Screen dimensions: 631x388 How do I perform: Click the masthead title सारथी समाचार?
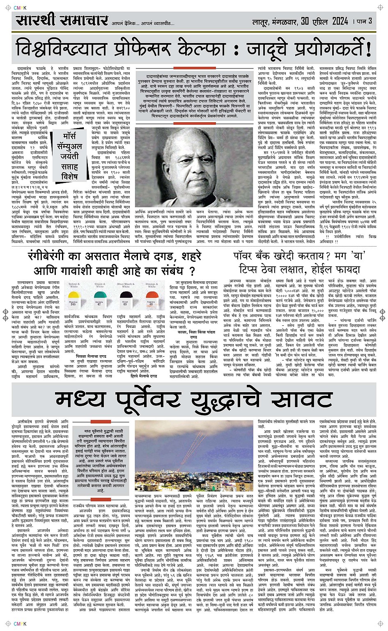[62, 21]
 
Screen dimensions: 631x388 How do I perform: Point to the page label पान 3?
[363, 21]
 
